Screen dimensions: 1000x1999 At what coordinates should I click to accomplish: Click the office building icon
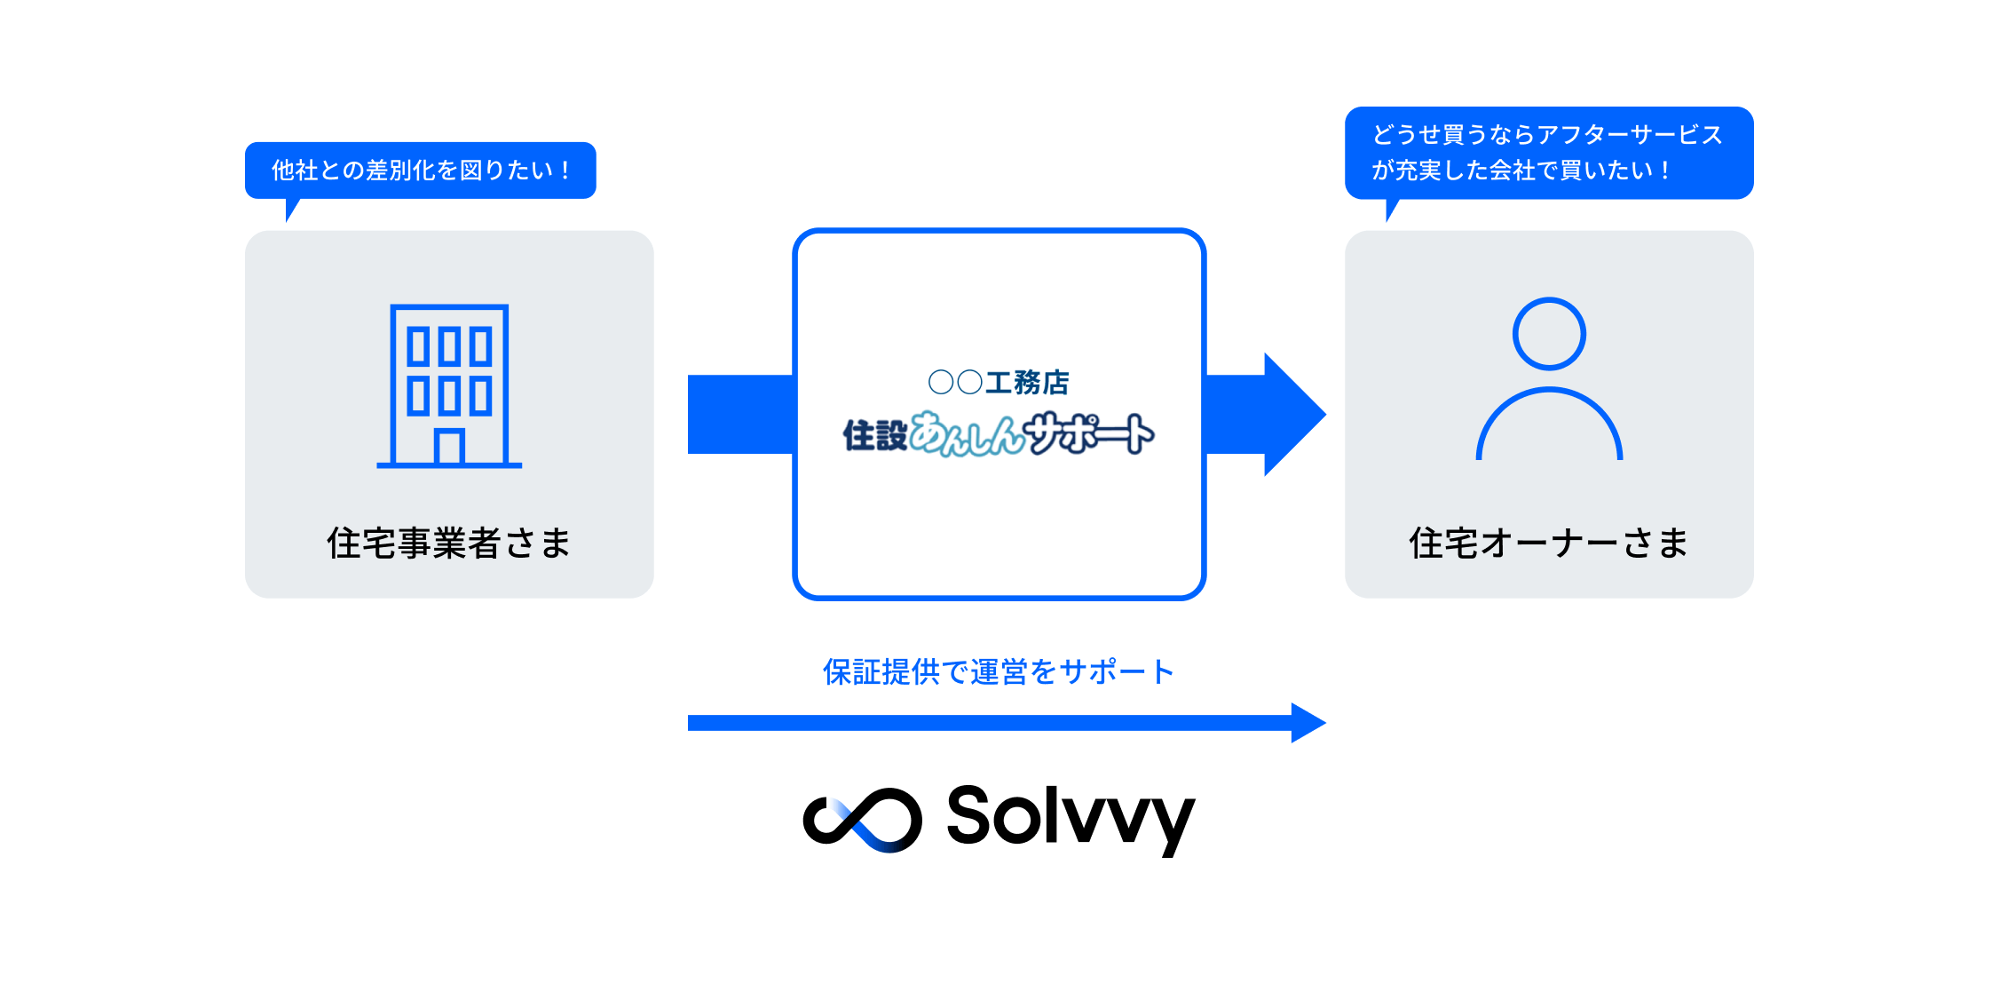(449, 385)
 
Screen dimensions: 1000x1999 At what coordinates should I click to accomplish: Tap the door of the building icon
(449, 447)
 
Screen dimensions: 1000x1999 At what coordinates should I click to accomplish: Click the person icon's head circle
(1549, 333)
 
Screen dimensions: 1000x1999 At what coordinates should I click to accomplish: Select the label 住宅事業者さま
(449, 543)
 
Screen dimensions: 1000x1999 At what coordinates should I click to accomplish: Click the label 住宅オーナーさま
(1549, 543)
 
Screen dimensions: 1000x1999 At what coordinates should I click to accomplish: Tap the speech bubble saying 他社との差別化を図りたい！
(420, 170)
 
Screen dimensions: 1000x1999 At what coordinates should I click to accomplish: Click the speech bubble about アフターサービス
(1549, 152)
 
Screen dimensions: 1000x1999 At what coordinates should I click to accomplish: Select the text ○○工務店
(999, 382)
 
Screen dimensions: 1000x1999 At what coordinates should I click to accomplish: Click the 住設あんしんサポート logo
(999, 434)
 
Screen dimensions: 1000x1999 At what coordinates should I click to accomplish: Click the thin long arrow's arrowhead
(1308, 723)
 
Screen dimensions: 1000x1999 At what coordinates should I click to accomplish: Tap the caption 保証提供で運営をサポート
(999, 672)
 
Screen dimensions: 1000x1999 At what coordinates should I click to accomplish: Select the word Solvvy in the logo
(1071, 817)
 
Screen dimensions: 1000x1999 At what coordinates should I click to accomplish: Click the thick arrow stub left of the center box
(739, 414)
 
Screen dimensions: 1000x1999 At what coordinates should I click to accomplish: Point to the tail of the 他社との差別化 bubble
(291, 210)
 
